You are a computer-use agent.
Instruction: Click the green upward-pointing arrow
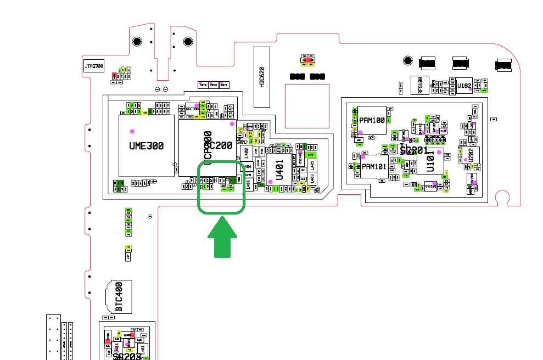point(222,236)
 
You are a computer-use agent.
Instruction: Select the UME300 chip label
point(147,146)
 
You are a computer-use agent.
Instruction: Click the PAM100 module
point(372,120)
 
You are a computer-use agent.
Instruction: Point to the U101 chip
point(430,160)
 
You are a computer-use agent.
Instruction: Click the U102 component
point(464,86)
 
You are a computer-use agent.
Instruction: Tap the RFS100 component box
point(421,85)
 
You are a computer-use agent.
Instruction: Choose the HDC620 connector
point(262,77)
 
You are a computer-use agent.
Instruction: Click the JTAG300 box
point(93,67)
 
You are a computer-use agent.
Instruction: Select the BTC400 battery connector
point(118,296)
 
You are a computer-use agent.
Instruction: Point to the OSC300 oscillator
point(192,109)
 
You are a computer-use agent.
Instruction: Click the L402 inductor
point(246,151)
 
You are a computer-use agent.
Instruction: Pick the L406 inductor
point(248,185)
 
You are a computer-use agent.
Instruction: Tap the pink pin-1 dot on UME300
point(132,131)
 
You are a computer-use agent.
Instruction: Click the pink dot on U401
point(270,182)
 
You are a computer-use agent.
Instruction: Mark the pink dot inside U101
point(439,152)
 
